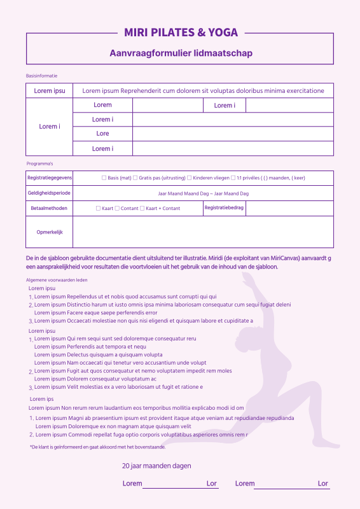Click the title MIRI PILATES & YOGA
(x=181, y=32)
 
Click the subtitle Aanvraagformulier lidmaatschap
(x=181, y=53)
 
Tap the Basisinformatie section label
(x=42, y=76)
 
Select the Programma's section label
(x=39, y=164)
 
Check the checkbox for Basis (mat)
(x=104, y=178)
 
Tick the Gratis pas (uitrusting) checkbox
(x=135, y=178)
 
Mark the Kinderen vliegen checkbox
(x=189, y=178)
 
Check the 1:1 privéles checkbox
(x=233, y=178)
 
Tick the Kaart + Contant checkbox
(x=142, y=208)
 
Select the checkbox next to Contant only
(x=117, y=208)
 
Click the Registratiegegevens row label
(x=50, y=178)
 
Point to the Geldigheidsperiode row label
(x=50, y=193)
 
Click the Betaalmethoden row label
(x=50, y=208)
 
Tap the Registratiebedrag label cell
(x=224, y=207)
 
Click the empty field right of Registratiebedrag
(x=289, y=208)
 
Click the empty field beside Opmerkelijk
(x=203, y=232)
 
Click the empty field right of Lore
(x=233, y=134)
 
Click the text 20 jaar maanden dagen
(x=156, y=466)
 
